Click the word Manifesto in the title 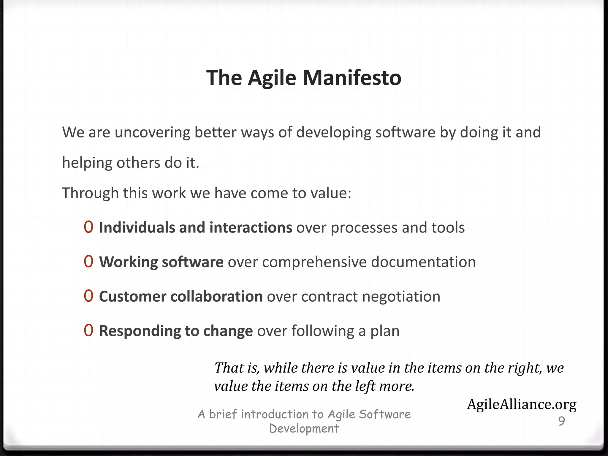coord(352,78)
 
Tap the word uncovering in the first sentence coord(152,132)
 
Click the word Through coord(90,193)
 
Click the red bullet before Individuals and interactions coord(88,227)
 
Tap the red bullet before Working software coord(88,262)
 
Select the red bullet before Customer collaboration coord(88,296)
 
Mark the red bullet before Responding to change coord(88,330)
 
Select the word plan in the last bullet coord(385,331)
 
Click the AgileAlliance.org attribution coord(522,405)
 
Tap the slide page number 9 coord(561,421)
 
